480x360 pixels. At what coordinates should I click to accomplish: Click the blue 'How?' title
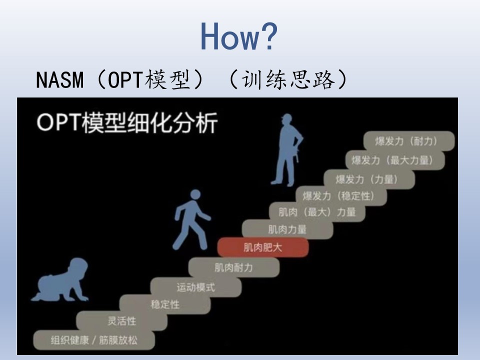click(x=239, y=36)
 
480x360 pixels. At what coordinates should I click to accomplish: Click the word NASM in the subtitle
click(x=59, y=80)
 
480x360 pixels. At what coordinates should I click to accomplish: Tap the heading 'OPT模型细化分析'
click(x=127, y=123)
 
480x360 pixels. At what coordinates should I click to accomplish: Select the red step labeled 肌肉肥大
click(x=263, y=247)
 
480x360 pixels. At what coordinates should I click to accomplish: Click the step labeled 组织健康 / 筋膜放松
click(x=94, y=340)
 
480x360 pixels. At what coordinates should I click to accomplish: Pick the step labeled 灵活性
click(x=121, y=321)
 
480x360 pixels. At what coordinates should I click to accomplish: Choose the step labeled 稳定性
click(x=165, y=304)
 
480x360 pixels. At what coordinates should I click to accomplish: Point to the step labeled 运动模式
click(x=196, y=287)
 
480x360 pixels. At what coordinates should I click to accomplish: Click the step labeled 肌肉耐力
click(x=234, y=267)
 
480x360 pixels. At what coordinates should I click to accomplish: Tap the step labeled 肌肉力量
click(x=287, y=229)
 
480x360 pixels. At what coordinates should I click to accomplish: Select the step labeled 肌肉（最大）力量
click(x=317, y=212)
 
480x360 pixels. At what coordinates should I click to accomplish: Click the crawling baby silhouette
click(x=60, y=280)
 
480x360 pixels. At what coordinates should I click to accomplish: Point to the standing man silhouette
click(x=287, y=150)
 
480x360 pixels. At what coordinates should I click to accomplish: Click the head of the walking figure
click(x=195, y=194)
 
